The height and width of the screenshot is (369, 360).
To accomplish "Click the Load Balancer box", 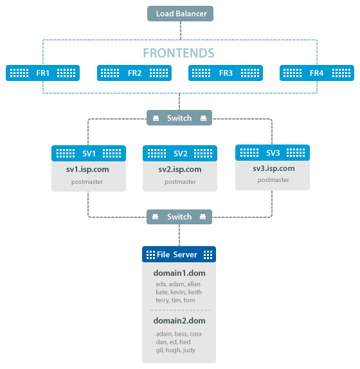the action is [180, 14].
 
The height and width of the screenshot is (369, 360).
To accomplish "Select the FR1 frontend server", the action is [43, 73].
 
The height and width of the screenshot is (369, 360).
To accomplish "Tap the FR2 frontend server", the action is [134, 73].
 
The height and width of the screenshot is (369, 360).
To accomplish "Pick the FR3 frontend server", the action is [226, 73].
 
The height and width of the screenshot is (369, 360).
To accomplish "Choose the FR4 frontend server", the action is [317, 73].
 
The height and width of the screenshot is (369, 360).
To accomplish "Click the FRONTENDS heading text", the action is [179, 53].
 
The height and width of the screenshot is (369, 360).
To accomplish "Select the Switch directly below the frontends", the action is [179, 118].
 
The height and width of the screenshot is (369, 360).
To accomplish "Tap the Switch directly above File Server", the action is [179, 217].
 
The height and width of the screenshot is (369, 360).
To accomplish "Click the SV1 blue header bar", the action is [89, 154].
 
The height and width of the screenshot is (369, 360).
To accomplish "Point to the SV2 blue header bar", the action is [180, 154].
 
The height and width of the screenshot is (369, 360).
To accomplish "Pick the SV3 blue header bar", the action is [273, 153].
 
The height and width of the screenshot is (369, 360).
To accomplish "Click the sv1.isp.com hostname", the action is [87, 170].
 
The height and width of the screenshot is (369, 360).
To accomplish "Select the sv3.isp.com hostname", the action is [274, 168].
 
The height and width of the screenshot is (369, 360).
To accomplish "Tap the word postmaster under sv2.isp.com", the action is [180, 182].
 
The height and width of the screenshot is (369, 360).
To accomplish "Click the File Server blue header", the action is [179, 255].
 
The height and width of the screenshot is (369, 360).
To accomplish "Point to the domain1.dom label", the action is [179, 273].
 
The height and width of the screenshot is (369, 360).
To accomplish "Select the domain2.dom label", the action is [179, 321].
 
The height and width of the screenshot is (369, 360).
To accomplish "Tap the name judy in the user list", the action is [189, 350].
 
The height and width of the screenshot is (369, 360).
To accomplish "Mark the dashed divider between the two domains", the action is [180, 310].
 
